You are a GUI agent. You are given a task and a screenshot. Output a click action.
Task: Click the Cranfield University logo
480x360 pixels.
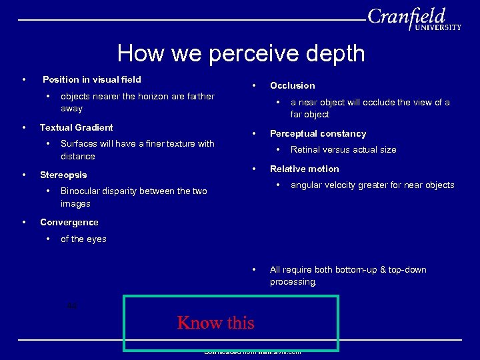tap(413, 19)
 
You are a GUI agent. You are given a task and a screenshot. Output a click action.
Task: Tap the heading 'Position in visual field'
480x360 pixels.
tap(92, 79)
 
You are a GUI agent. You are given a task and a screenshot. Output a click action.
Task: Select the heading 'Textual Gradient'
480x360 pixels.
tap(77, 127)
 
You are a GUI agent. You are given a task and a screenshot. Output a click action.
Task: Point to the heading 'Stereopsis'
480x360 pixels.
tap(63, 175)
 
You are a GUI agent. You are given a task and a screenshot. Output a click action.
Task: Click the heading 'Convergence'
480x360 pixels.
tap(69, 222)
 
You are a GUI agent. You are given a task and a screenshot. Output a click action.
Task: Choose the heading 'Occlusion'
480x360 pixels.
tap(292, 85)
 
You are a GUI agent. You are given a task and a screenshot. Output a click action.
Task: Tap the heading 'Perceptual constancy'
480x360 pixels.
tap(318, 133)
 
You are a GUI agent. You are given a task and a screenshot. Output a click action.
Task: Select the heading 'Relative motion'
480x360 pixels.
tap(304, 169)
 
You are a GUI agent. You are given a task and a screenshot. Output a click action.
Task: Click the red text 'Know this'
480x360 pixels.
tap(215, 323)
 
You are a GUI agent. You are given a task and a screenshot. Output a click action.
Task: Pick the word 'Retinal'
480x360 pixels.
tap(305, 149)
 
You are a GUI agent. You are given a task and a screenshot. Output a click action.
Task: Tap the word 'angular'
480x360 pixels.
tap(307, 185)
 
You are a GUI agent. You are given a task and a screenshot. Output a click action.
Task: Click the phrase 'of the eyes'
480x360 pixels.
tap(83, 239)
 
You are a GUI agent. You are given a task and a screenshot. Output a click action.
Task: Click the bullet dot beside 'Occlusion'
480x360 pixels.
tap(254, 85)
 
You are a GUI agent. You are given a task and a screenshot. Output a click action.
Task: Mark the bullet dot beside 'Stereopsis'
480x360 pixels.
tap(24, 175)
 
